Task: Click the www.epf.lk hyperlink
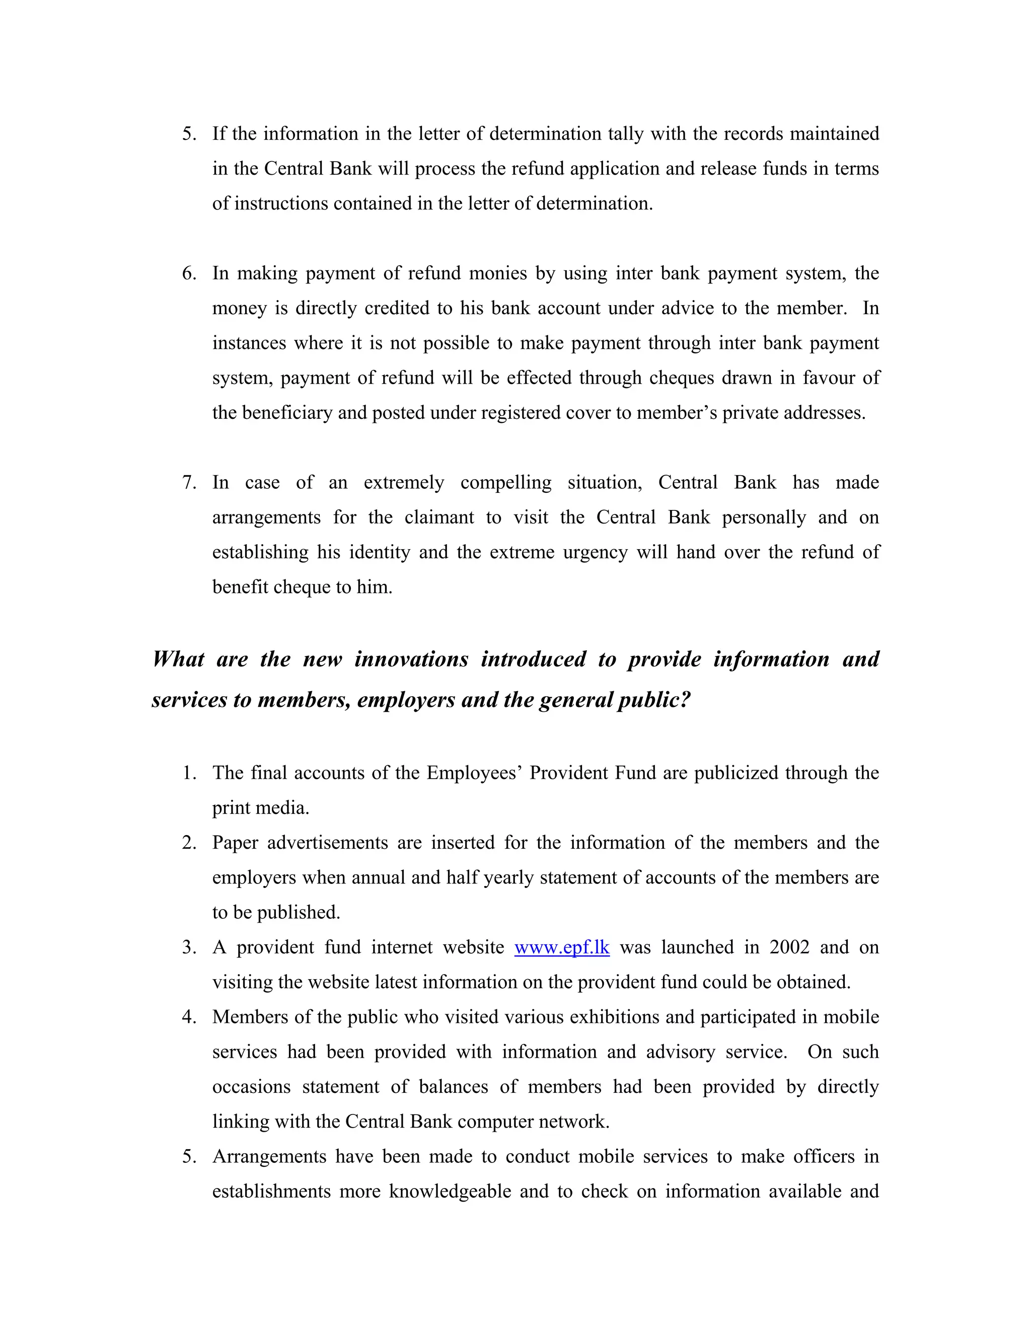click(x=561, y=947)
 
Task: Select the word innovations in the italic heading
click(x=411, y=659)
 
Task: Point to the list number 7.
click(x=189, y=483)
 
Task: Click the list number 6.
click(x=189, y=273)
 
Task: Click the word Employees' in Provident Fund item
click(x=473, y=773)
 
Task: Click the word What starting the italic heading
click(x=178, y=659)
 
